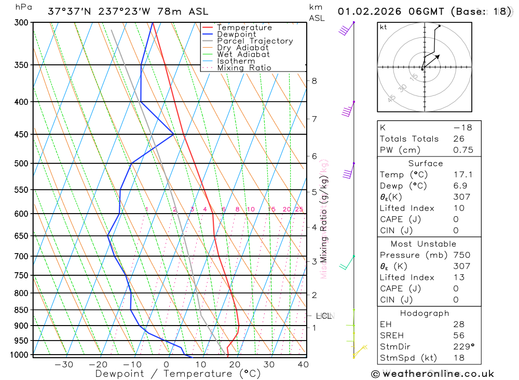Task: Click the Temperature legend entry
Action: coord(244,27)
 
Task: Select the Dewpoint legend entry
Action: coord(237,34)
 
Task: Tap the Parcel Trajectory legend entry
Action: coord(255,41)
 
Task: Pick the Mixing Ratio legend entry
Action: coord(244,68)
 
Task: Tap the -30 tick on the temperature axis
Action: coord(64,364)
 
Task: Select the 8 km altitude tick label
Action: coord(315,81)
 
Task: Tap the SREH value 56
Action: coord(459,335)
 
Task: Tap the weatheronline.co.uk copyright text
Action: coord(433,374)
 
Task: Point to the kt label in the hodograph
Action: coord(384,27)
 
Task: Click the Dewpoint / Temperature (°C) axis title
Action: coord(177,374)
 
